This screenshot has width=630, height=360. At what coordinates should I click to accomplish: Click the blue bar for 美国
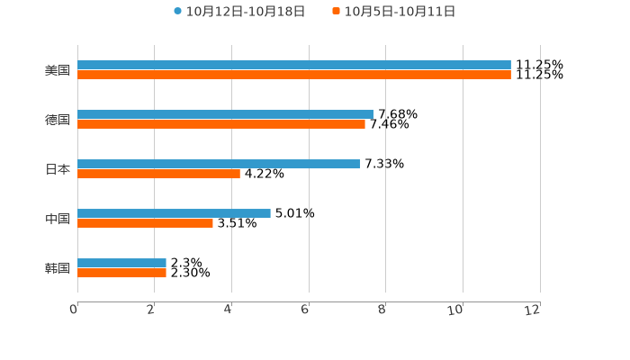(x=294, y=65)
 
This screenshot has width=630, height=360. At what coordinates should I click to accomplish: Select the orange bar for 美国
(x=294, y=75)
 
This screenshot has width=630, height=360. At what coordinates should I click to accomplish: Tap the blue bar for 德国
(x=225, y=114)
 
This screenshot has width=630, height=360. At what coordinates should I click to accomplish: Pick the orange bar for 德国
(x=221, y=124)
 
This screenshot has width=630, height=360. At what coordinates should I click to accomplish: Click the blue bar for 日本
(x=219, y=164)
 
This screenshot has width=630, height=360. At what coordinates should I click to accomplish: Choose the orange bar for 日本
(x=158, y=174)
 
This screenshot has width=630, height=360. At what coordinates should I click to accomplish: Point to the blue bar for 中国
(x=174, y=213)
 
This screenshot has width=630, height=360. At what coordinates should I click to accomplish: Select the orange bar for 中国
(x=145, y=223)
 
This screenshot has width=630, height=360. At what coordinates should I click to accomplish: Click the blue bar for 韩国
(x=121, y=263)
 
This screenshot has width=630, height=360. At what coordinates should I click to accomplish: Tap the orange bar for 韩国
(x=121, y=273)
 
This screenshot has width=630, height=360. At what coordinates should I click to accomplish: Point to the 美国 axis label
(x=58, y=70)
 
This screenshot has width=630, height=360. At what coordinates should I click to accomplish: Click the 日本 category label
(x=58, y=169)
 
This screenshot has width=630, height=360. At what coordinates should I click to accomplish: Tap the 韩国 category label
(x=58, y=268)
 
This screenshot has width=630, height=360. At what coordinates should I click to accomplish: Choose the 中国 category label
(x=58, y=219)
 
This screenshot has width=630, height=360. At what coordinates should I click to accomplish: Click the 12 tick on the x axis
(x=533, y=310)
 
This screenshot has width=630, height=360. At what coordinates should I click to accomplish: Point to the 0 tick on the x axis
(x=74, y=310)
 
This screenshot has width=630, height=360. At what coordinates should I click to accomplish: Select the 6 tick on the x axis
(x=305, y=310)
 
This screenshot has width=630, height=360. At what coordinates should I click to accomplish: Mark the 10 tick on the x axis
(x=455, y=310)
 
